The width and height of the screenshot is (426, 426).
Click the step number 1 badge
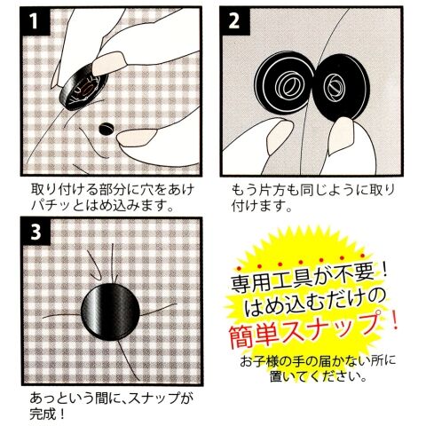point(35,20)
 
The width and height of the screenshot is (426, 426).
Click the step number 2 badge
point(234,20)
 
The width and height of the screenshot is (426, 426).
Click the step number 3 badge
point(35,232)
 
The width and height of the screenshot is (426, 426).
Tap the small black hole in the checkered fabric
point(106,129)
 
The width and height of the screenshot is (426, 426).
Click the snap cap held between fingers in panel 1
point(83,87)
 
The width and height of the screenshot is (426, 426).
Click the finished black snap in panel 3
point(110,312)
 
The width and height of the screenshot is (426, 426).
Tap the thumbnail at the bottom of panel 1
point(138,138)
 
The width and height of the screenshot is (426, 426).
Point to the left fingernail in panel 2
point(280,136)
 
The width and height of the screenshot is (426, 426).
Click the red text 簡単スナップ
point(304,331)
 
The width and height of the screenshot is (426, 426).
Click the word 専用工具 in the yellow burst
point(272,281)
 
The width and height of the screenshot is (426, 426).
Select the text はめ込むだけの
point(315,304)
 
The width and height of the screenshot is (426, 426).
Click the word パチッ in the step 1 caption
point(51,206)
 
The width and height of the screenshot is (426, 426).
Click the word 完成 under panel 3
point(42,414)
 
